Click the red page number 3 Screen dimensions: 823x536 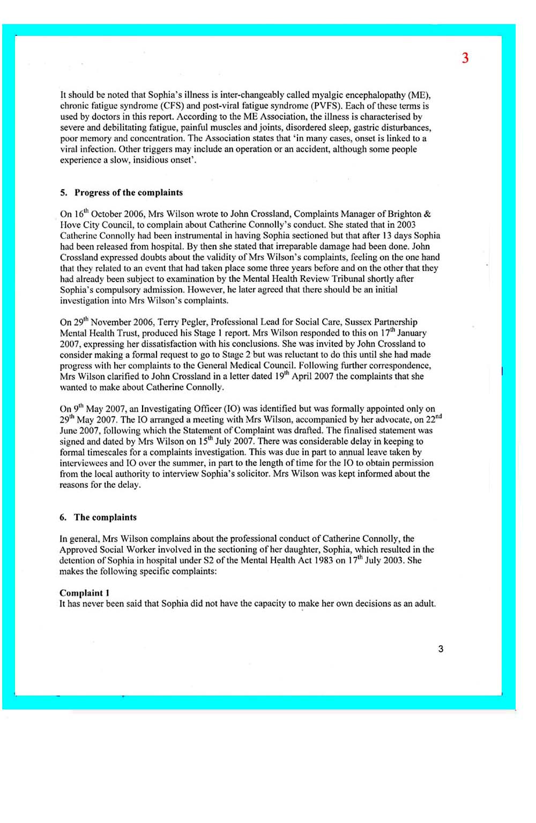465,58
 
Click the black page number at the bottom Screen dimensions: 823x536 441,649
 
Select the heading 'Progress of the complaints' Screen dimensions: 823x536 129,193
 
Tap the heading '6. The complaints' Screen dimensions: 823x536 98,517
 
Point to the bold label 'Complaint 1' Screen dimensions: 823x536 85,593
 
